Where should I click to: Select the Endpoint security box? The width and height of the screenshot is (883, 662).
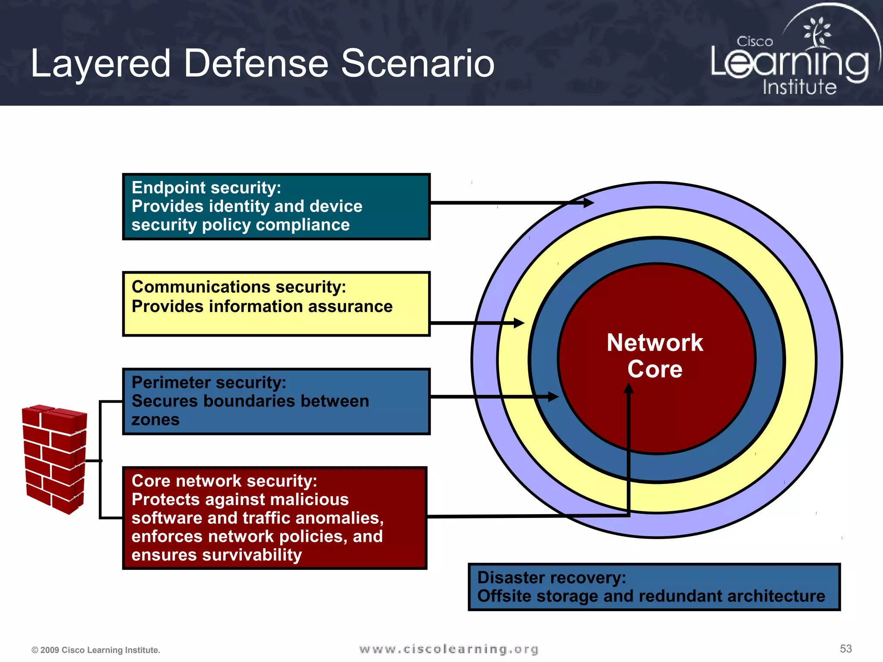(276, 206)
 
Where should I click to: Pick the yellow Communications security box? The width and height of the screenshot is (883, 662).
(276, 303)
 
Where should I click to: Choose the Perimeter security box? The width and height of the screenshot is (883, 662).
(276, 401)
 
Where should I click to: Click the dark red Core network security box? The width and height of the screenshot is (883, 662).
(275, 518)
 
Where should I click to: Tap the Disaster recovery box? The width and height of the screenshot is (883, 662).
(654, 587)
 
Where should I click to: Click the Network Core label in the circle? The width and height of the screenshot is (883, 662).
(654, 356)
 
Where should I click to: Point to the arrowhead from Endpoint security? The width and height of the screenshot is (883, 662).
(589, 202)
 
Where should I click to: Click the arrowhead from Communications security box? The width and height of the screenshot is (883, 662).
(519, 323)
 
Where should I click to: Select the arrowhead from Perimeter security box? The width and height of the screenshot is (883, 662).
(554, 397)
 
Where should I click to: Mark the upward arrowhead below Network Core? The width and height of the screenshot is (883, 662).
(629, 388)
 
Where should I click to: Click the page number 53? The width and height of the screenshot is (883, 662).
(845, 648)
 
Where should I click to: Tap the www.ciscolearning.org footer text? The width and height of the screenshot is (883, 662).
(448, 649)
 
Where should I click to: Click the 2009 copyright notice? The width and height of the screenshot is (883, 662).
(96, 650)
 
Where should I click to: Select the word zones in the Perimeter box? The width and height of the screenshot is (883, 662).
(155, 419)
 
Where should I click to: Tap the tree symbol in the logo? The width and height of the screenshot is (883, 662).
(816, 32)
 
